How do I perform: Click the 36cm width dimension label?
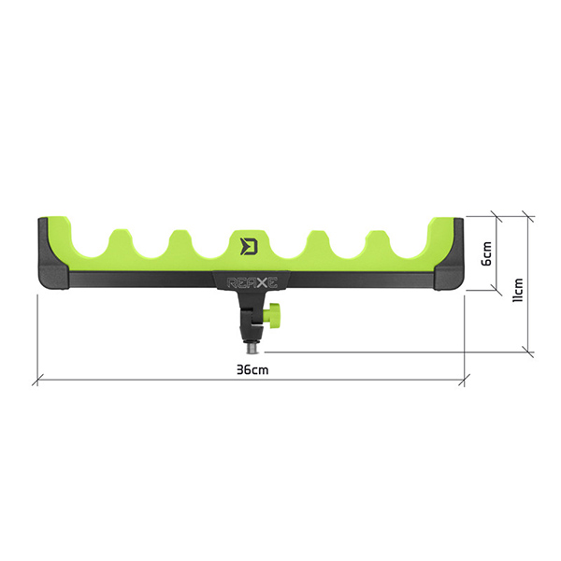tap(252, 369)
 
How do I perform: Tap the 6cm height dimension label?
tap(486, 253)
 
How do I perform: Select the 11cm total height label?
tap(518, 290)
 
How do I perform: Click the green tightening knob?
tap(274, 316)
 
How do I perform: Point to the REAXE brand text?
tap(252, 282)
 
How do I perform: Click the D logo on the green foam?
tap(249, 246)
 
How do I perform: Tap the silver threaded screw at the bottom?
tap(252, 348)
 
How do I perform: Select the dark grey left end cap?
tap(52, 253)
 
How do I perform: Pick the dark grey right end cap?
tap(449, 253)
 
